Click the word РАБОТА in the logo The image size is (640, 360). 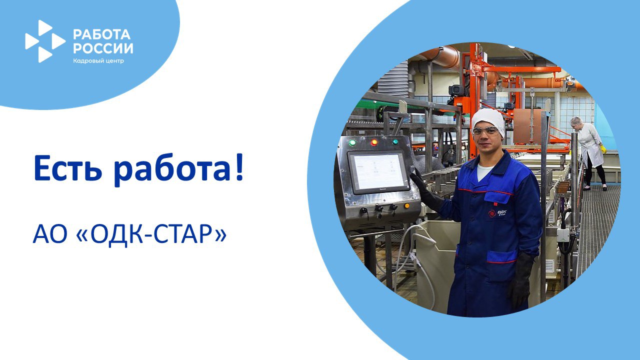101,34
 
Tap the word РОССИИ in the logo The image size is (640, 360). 103,48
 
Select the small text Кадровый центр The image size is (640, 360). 98,61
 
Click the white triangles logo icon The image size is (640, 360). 45,41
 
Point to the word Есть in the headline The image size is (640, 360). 68,168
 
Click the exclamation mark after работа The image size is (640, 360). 239,167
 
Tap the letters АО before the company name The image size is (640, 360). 50,234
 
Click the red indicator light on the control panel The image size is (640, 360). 374,142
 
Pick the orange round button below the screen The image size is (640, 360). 407,205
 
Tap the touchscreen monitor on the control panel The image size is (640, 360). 378,172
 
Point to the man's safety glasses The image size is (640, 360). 485,131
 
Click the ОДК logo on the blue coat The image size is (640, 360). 497,213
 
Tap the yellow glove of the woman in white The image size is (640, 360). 603,149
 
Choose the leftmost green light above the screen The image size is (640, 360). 352,142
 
